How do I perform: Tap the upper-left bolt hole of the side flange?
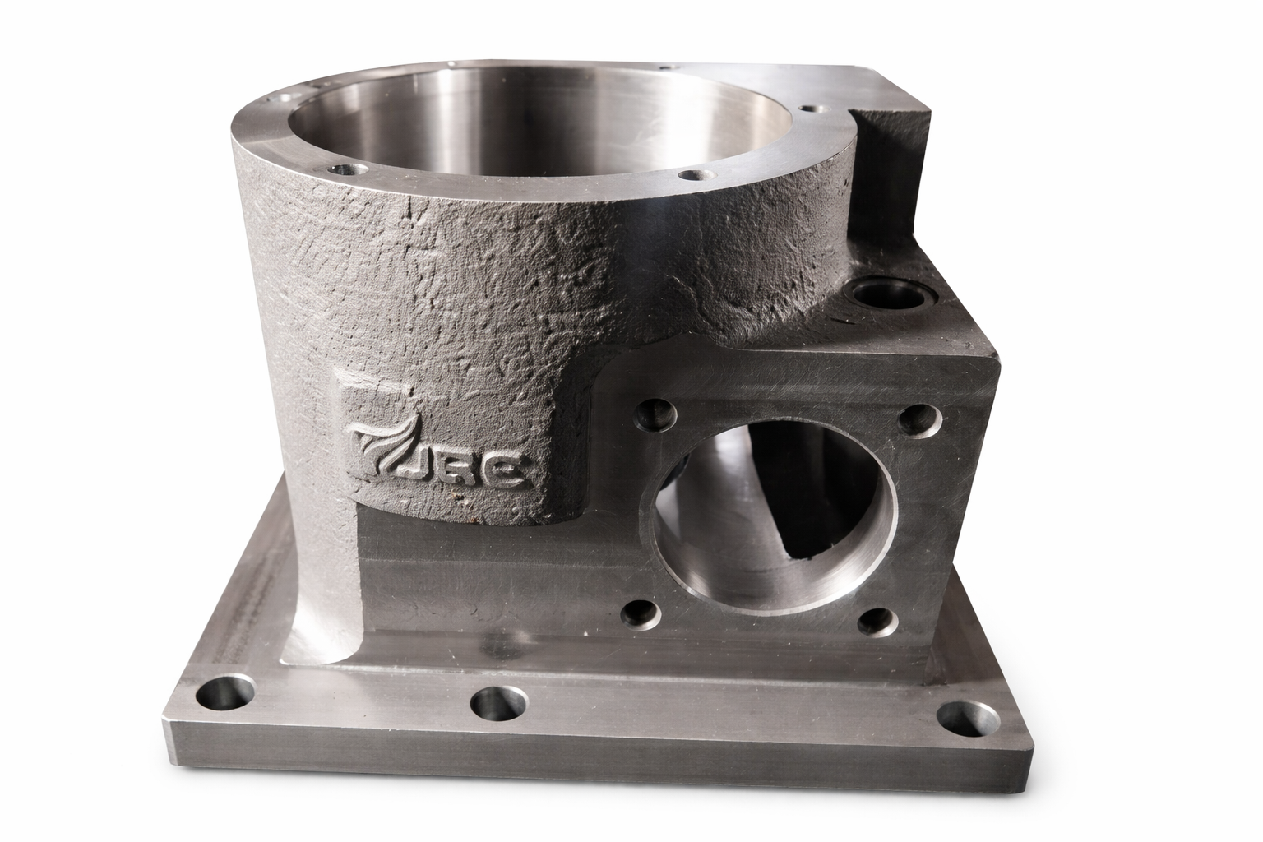coord(655,414)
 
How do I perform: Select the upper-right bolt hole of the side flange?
coord(919,421)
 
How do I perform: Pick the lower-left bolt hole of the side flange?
coord(641,614)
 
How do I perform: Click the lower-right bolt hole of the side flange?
coord(878,622)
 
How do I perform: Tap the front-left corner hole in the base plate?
coord(225,694)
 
